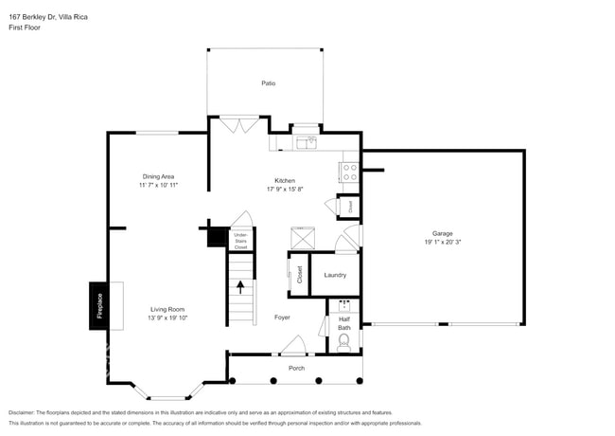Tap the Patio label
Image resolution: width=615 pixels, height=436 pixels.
point(269,84)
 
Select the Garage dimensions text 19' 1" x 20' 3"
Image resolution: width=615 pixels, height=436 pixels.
point(442,243)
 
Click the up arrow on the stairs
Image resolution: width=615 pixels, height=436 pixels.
point(241,285)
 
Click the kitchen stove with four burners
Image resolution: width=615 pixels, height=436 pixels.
point(348,173)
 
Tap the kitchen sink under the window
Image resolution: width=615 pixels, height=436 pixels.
point(306,143)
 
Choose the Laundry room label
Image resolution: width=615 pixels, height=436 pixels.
point(335,275)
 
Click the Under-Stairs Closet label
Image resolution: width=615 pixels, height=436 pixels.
point(240,240)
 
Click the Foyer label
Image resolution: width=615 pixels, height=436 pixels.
point(282,317)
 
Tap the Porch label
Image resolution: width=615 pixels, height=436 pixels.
point(296,368)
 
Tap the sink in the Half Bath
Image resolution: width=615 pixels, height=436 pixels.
point(344,307)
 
